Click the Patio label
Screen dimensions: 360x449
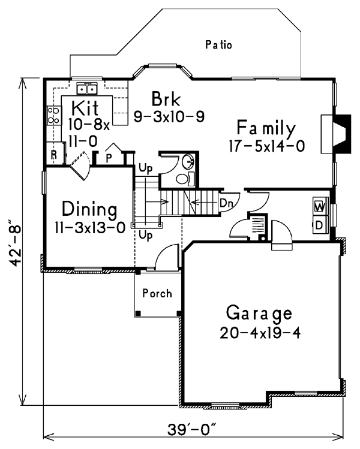coord(218,45)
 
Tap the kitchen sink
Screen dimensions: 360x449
coord(87,89)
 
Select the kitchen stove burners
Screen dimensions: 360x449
coord(54,116)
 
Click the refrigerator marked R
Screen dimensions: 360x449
coord(55,153)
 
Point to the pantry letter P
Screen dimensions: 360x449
coord(109,158)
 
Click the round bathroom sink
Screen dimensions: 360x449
coord(188,161)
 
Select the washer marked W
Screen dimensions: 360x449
coord(320,206)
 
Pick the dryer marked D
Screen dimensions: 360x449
coord(320,225)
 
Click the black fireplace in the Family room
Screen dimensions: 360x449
coord(341,134)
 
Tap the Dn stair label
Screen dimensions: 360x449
coord(226,203)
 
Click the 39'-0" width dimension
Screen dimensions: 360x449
coord(192,430)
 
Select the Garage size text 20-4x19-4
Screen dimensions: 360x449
coord(260,333)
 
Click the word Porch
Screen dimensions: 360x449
coord(157,294)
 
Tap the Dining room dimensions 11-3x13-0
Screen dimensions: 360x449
coord(90,228)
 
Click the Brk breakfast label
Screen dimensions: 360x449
coord(166,99)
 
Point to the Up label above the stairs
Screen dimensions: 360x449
coord(146,168)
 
